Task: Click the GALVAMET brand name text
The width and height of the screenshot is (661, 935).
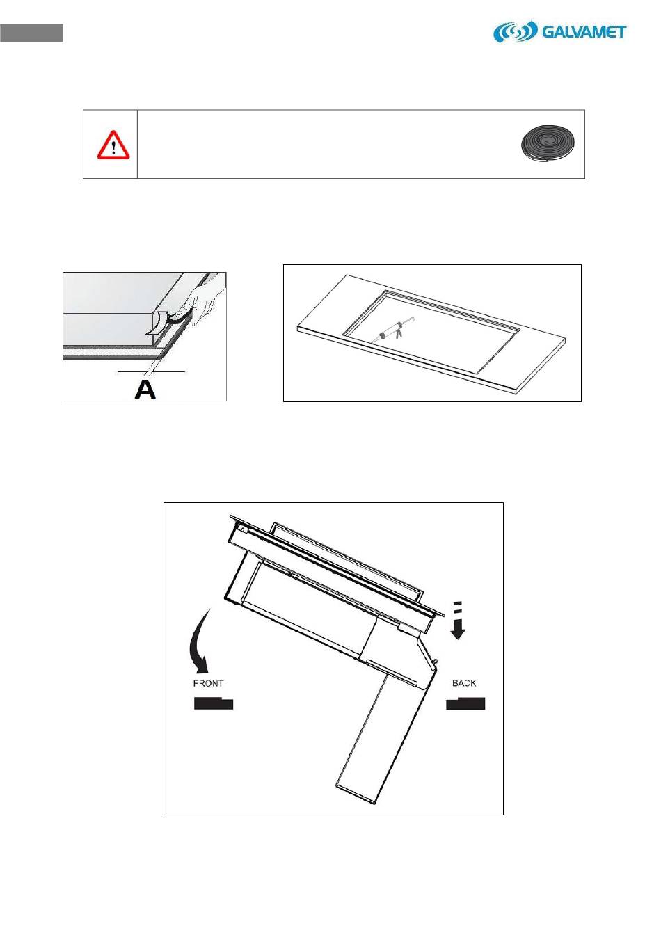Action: pyautogui.click(x=584, y=32)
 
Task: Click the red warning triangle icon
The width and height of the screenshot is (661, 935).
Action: pyautogui.click(x=113, y=145)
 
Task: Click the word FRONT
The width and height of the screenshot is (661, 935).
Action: pyautogui.click(x=208, y=684)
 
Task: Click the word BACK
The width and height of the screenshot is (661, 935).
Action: pyautogui.click(x=464, y=683)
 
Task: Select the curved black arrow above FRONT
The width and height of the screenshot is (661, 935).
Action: pyautogui.click(x=196, y=643)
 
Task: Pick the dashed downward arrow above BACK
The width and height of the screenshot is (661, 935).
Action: pyautogui.click(x=458, y=621)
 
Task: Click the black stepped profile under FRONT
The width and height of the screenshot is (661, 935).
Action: pyautogui.click(x=214, y=703)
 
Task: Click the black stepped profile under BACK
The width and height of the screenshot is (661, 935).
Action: pyautogui.click(x=465, y=703)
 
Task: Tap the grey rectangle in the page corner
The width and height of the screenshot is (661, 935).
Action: pyautogui.click(x=31, y=33)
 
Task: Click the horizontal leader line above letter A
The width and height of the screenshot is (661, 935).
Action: pyautogui.click(x=151, y=371)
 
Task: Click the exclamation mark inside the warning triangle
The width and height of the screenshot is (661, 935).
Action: pyautogui.click(x=113, y=147)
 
